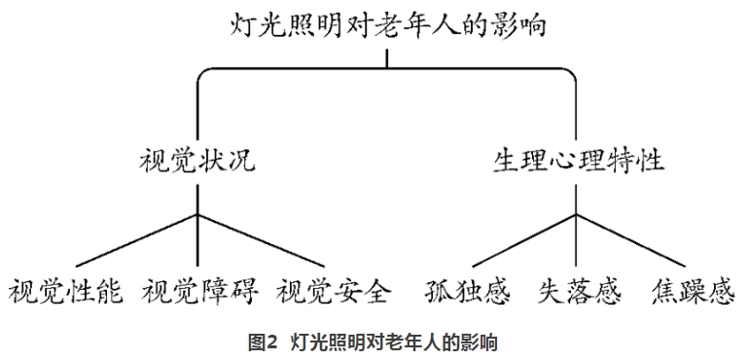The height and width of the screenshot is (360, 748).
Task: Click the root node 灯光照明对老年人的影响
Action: pyautogui.click(x=388, y=24)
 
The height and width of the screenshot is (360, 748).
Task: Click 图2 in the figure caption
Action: pyautogui.click(x=262, y=342)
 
